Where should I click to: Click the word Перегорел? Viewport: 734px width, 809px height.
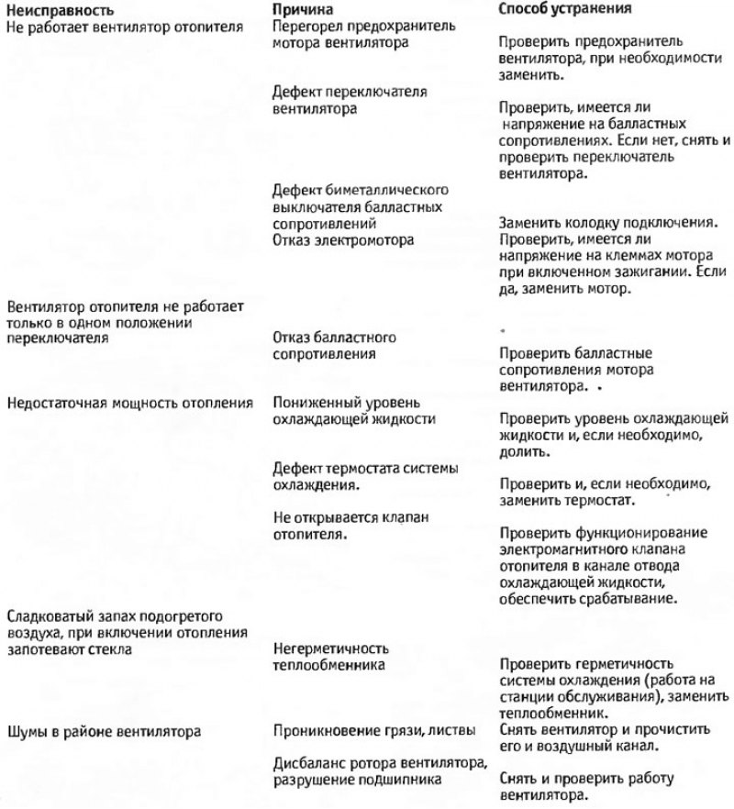pyautogui.click(x=308, y=26)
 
